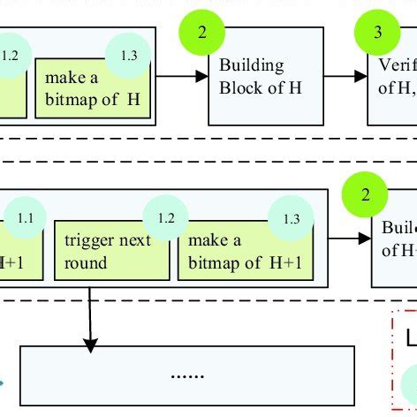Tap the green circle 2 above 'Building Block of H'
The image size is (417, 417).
click(x=203, y=33)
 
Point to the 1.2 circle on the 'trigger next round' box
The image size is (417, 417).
click(x=166, y=217)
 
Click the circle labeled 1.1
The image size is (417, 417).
click(x=27, y=217)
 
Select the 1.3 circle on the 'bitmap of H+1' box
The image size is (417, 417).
click(x=291, y=218)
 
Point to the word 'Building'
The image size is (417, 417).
click(x=253, y=65)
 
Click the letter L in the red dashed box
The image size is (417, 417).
click(x=410, y=339)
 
